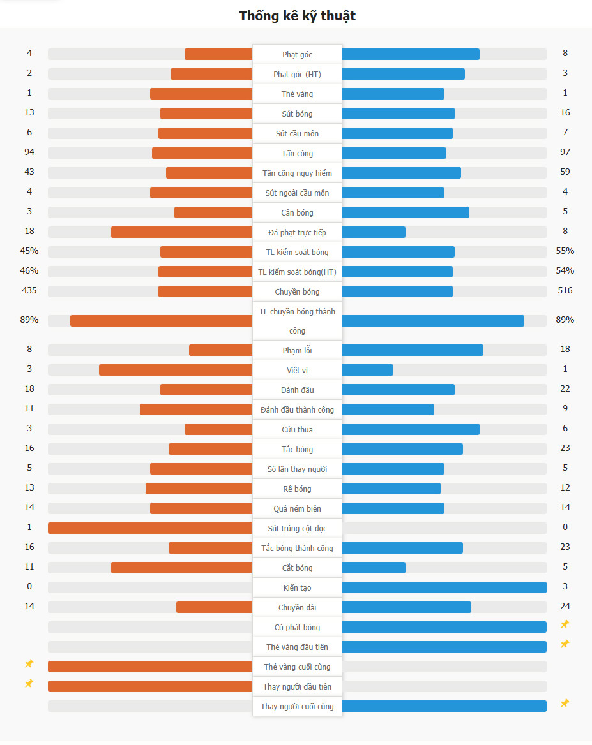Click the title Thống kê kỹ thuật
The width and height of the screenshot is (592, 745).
[297, 16]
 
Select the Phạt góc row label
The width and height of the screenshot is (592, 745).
[298, 55]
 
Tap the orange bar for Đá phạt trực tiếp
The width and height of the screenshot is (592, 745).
[182, 232]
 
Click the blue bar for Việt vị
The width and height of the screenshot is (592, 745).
[368, 370]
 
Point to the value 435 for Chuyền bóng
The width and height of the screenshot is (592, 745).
[29, 291]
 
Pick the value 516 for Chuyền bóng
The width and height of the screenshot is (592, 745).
[565, 291]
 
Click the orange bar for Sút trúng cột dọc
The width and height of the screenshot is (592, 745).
[150, 528]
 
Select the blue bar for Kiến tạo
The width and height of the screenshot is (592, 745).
[444, 587]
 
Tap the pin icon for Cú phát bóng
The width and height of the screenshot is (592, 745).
[565, 624]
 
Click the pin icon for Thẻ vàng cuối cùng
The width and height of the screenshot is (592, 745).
[29, 664]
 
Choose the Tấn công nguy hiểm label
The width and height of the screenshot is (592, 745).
[298, 173]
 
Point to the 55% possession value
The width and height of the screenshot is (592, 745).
[565, 251]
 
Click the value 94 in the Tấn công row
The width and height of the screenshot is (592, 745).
[29, 152]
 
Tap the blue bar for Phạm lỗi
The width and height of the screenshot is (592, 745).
[413, 350]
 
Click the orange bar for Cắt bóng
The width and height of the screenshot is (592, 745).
[182, 568]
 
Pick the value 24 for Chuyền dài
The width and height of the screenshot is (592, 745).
[565, 606]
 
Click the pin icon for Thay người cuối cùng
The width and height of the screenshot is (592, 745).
[565, 704]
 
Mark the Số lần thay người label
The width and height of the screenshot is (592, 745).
[298, 469]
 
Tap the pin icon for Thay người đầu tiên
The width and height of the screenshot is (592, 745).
[29, 684]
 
